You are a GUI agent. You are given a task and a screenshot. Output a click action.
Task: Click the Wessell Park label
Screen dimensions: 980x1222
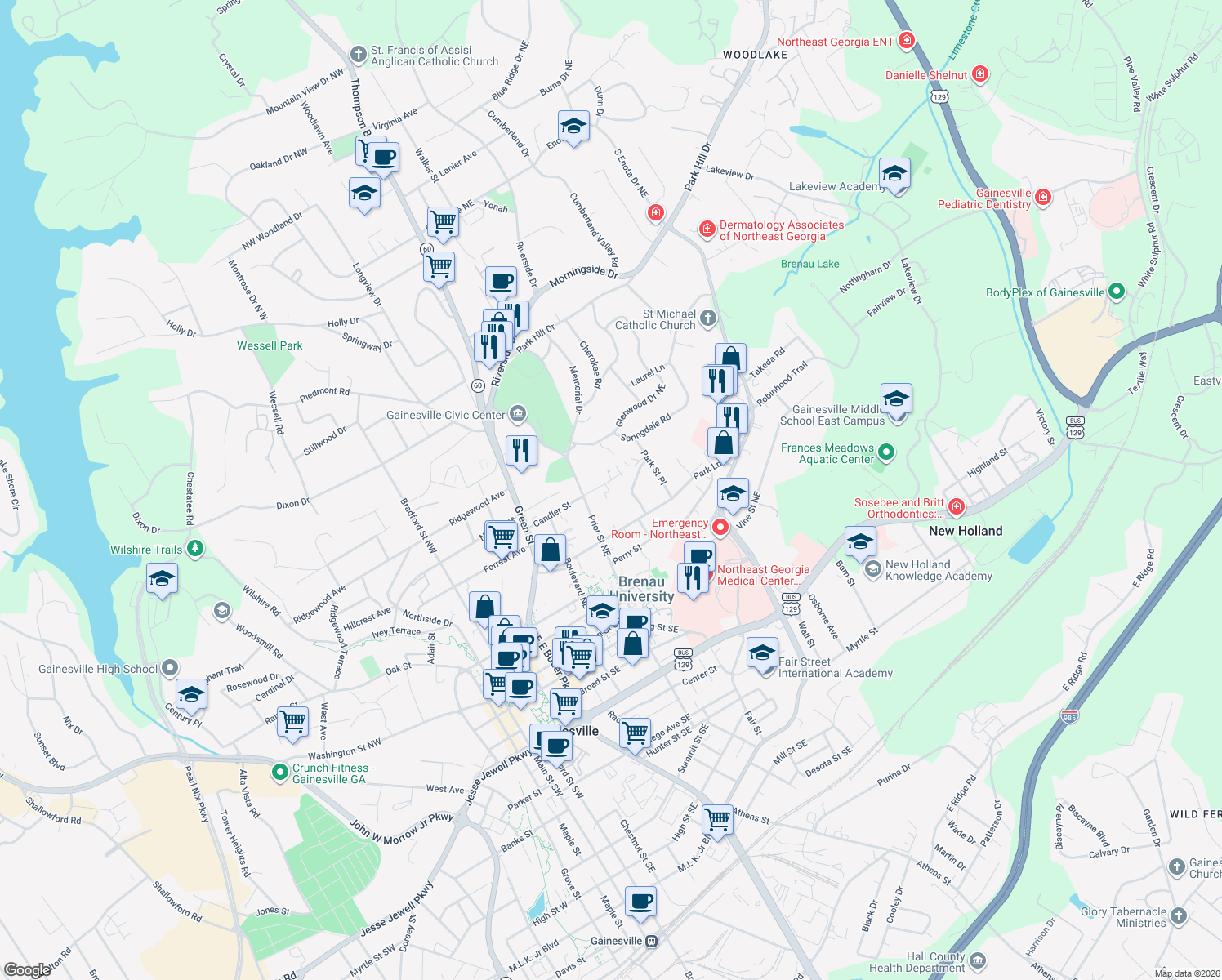click(270, 345)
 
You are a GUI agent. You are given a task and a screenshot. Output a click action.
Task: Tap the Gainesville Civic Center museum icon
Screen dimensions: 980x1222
click(518, 415)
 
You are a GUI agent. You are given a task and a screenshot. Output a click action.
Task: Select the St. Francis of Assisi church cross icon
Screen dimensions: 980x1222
click(358, 55)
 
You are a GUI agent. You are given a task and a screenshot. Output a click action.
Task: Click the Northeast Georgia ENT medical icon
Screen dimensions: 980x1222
click(906, 41)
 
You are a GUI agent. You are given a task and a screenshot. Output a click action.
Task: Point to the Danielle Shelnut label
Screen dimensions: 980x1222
click(926, 75)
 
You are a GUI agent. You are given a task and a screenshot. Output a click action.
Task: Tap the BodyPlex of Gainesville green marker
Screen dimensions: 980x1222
click(1117, 292)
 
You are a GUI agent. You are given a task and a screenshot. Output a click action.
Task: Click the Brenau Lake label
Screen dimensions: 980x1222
click(809, 264)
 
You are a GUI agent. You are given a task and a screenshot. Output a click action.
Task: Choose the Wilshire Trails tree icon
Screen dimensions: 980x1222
click(195, 549)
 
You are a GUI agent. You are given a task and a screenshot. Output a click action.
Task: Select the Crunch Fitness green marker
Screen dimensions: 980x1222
click(280, 771)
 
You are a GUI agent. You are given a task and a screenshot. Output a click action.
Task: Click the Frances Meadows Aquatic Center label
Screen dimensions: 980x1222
click(827, 453)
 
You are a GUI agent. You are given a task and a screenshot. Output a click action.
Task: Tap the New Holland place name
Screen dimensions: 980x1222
click(966, 531)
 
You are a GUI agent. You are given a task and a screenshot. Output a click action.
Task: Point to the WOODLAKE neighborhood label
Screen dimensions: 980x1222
click(755, 55)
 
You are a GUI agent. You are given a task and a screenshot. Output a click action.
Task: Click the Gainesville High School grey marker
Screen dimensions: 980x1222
click(170, 668)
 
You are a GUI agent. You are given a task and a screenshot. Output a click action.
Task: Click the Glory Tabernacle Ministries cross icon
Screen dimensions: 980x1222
click(1178, 915)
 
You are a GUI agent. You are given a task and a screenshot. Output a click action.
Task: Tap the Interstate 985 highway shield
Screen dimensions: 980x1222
click(1069, 716)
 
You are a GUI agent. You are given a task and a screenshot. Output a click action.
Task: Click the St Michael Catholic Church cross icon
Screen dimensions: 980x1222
click(708, 318)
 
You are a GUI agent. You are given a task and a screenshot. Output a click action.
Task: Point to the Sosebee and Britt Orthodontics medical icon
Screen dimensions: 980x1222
click(957, 506)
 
